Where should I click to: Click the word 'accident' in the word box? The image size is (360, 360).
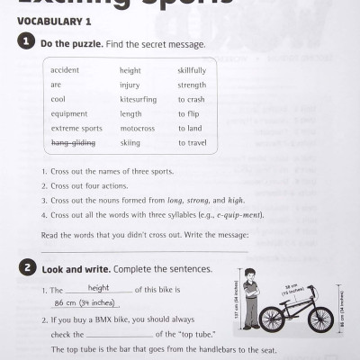(x=64, y=70)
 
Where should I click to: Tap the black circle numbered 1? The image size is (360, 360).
(x=30, y=43)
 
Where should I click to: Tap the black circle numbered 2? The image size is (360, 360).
(x=30, y=268)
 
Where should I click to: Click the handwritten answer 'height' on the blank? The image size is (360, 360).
(x=100, y=288)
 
